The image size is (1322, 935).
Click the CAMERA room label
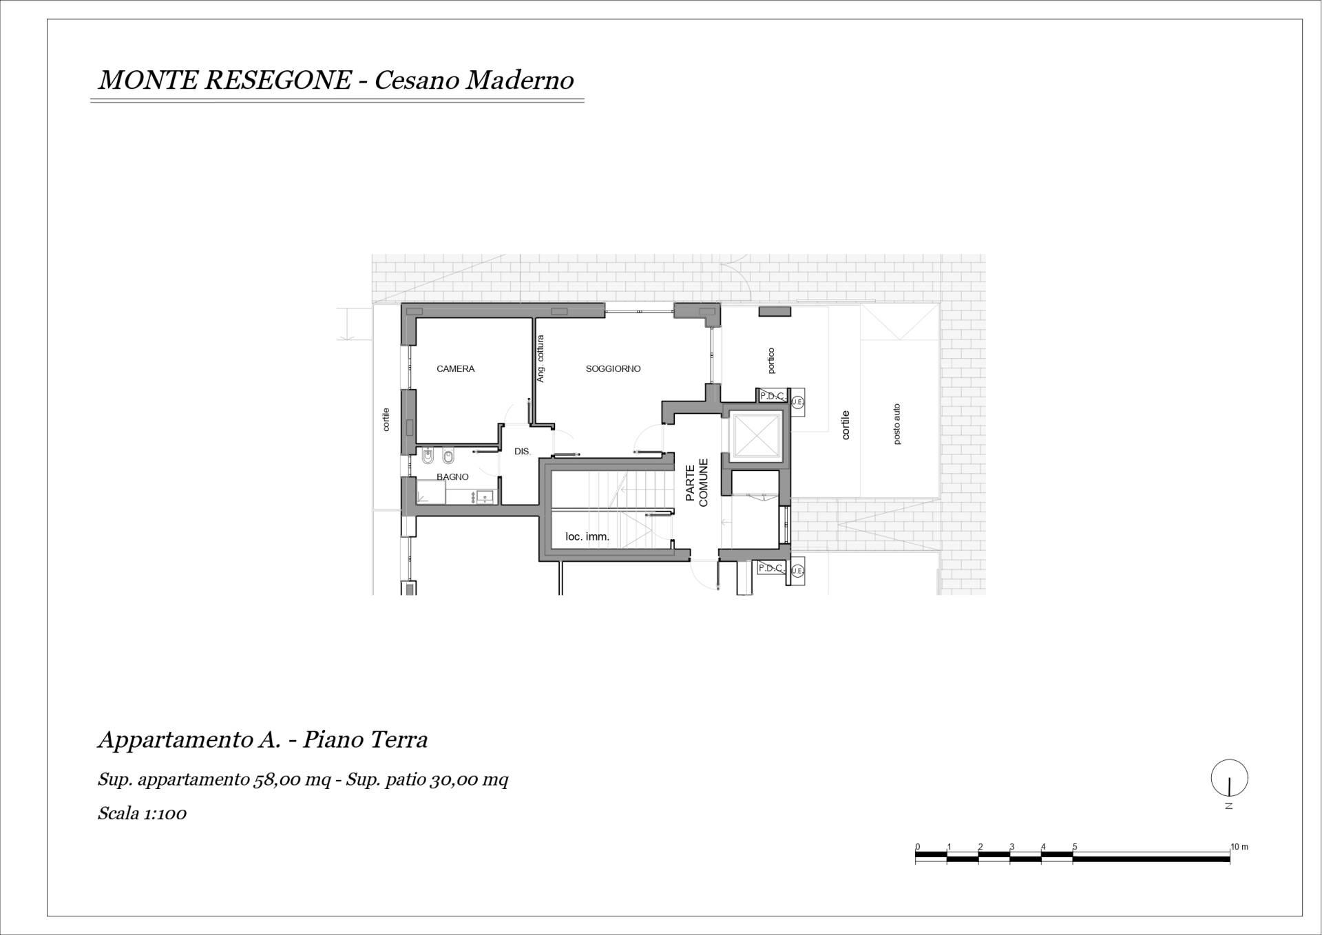pos(455,369)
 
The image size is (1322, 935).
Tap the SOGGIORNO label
pos(613,369)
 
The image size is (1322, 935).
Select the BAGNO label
pos(452,476)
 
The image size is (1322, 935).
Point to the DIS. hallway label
pos(523,452)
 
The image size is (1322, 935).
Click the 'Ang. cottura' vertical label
pos(541,359)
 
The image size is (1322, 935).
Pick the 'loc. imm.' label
pos(587,536)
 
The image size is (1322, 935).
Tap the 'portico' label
pos(770,361)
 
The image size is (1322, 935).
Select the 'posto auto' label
pos(896,424)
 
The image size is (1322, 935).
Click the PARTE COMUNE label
pos(697,483)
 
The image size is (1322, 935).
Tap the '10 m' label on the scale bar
pos(1239,847)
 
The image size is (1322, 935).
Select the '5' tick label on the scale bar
pos(1075,847)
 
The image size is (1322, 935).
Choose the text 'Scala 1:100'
pos(142,813)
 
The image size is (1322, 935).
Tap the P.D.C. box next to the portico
pos(772,396)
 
